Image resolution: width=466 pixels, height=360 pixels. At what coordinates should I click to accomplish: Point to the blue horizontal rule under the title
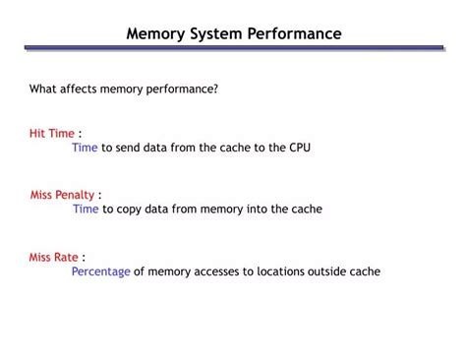(233, 48)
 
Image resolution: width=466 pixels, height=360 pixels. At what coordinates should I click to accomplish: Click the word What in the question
(42, 89)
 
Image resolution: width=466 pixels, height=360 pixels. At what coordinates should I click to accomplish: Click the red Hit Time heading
(51, 133)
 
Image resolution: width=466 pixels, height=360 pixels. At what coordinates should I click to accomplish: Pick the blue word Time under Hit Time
(85, 148)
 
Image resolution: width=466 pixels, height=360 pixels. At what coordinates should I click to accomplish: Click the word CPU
(300, 148)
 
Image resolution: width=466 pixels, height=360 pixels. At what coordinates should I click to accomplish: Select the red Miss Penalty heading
(62, 195)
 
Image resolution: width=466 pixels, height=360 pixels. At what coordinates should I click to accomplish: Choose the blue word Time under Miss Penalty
(86, 209)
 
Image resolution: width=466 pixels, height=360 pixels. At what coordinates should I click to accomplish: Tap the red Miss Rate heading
(53, 257)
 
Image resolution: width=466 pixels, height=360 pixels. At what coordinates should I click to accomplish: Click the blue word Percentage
(100, 271)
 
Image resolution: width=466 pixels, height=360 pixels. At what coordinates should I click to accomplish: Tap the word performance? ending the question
(183, 89)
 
